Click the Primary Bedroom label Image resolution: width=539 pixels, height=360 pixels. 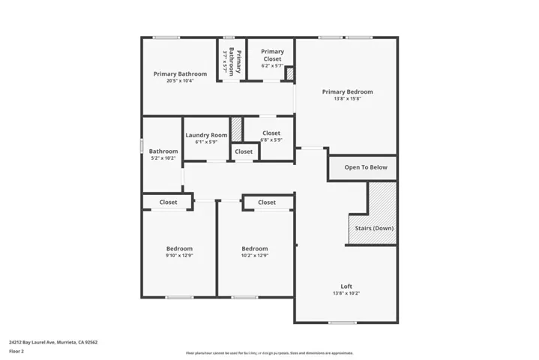(347, 92)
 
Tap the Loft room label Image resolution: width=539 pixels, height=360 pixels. (346, 286)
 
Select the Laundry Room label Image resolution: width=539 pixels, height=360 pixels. (206, 135)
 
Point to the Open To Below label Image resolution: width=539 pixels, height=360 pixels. (366, 167)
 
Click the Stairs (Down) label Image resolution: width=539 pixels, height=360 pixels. (374, 228)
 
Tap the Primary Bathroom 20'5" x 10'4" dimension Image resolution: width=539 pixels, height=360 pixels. (180, 81)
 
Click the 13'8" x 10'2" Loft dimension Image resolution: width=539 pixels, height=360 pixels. (346, 293)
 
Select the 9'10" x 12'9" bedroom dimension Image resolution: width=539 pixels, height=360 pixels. (179, 256)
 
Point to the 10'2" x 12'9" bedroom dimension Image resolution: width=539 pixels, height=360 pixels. (255, 256)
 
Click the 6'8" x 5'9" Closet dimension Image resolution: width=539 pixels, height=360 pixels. (271, 140)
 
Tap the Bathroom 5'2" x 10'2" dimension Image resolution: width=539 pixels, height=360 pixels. (163, 158)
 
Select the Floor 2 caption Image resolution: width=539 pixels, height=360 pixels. (16, 350)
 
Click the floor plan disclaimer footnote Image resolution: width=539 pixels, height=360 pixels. (269, 352)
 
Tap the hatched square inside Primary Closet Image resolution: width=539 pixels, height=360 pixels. (289, 73)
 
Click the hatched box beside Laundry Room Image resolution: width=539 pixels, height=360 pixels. (236, 128)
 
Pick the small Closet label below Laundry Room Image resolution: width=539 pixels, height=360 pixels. (244, 151)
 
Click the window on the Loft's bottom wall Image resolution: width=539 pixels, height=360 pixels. (342, 322)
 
